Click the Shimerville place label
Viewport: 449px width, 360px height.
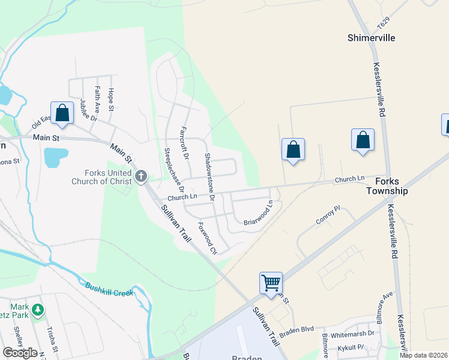371,37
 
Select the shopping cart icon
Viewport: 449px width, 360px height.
271,282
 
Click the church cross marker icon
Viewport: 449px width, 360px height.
141,176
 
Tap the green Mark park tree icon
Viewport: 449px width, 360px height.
38,310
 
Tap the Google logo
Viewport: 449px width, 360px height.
20,352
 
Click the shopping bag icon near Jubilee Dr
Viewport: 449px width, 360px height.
62,112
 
